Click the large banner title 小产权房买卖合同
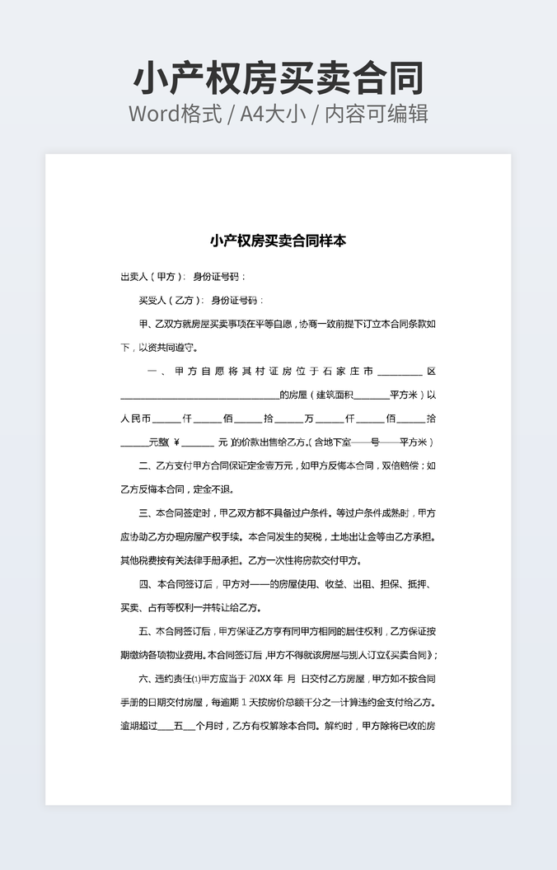[278, 78]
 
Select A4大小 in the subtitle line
[273, 114]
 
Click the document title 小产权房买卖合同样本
[278, 241]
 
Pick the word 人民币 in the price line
[136, 419]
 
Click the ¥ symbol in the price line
[177, 442]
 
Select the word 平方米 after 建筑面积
[405, 395]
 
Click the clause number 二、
[146, 466]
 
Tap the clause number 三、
[146, 513]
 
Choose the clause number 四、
[146, 585]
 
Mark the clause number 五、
[146, 632]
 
